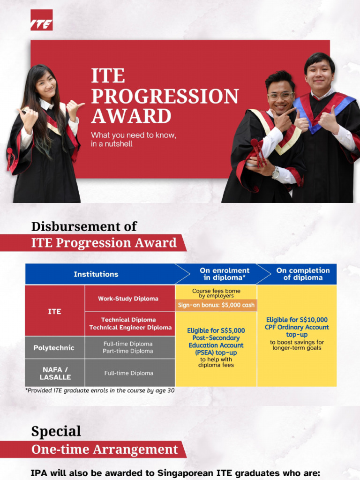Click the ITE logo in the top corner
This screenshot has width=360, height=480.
tap(41, 20)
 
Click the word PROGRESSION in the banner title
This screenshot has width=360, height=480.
tap(165, 96)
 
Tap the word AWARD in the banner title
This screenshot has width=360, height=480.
tap(131, 116)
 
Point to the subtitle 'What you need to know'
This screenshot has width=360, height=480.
tap(133, 135)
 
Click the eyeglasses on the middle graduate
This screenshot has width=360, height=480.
tap(280, 96)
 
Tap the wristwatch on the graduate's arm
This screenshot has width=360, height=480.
tap(275, 172)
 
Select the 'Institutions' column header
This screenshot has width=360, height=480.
tap(96, 274)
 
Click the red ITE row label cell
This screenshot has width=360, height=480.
tap(54, 311)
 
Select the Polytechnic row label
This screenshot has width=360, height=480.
tap(54, 348)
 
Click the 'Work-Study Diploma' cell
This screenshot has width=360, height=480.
tap(128, 299)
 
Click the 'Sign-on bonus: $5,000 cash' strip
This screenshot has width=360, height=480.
tap(216, 305)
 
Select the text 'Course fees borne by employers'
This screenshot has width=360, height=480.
tap(216, 293)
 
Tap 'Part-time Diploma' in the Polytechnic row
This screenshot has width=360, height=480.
tap(128, 351)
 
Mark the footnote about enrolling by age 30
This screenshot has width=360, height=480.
tap(99, 390)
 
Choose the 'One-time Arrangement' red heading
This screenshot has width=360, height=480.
tap(105, 450)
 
